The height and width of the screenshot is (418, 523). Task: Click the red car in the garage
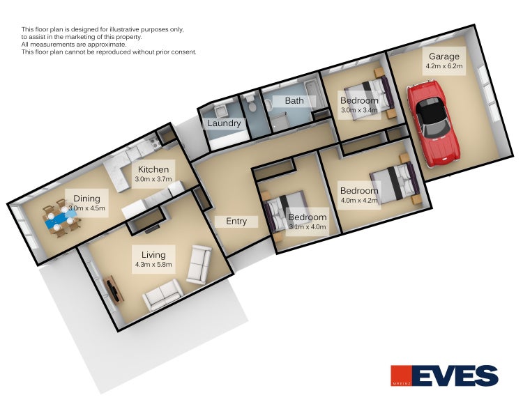click(433, 123)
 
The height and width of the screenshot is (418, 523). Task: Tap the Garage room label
click(444, 56)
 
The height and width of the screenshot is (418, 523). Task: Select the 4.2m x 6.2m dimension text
click(444, 66)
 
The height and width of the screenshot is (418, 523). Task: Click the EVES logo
click(444, 376)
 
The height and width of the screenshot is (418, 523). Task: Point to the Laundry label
click(224, 123)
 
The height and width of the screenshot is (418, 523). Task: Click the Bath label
click(294, 100)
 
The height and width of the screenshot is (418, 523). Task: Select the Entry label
click(236, 222)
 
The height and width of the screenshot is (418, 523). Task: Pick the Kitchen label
click(153, 169)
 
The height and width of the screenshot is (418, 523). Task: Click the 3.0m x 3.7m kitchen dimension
click(153, 179)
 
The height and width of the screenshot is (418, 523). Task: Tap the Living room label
click(153, 255)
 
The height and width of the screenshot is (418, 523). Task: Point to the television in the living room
click(113, 288)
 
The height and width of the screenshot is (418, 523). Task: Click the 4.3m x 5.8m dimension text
click(153, 265)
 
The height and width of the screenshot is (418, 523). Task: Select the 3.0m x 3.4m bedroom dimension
click(359, 110)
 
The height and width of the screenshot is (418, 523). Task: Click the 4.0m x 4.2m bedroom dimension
click(359, 201)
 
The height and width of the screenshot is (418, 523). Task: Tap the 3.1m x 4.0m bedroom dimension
click(308, 227)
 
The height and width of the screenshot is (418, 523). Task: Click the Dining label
click(86, 199)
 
